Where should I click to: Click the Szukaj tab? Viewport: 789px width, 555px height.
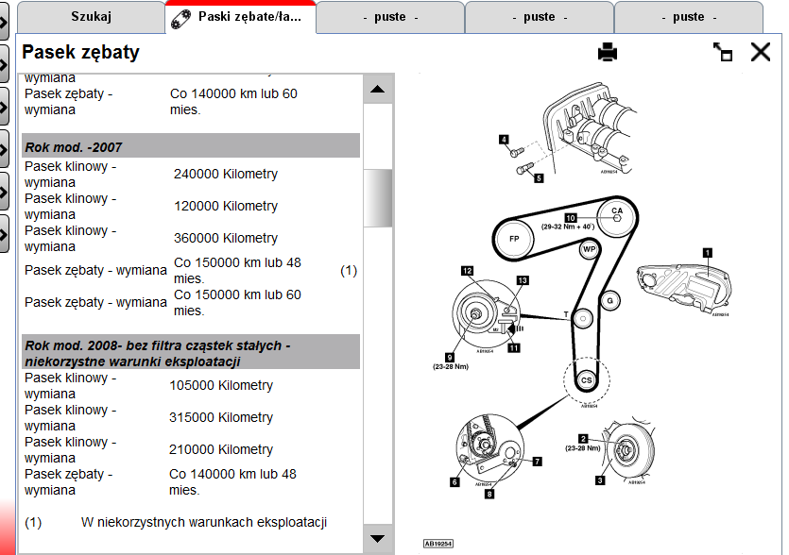click(92, 16)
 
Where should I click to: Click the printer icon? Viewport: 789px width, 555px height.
click(607, 53)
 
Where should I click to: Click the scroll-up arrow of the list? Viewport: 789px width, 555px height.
click(378, 90)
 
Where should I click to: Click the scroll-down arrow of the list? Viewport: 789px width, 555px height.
click(378, 539)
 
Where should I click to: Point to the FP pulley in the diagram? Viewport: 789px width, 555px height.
click(515, 238)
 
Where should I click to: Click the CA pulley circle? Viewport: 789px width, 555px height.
click(617, 210)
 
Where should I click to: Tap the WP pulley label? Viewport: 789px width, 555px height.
click(590, 250)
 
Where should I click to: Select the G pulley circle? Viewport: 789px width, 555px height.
click(610, 300)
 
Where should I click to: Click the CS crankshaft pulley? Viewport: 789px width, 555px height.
click(586, 379)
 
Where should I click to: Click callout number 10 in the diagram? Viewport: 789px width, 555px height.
click(571, 217)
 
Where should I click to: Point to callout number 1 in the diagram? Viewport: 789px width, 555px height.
click(707, 251)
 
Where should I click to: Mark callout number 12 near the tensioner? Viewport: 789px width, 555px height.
click(467, 270)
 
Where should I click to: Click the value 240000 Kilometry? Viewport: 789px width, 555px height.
click(226, 175)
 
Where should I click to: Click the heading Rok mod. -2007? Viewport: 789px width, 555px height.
click(74, 146)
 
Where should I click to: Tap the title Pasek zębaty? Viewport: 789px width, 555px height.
click(81, 53)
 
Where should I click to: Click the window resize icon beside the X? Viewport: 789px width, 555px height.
click(723, 53)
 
